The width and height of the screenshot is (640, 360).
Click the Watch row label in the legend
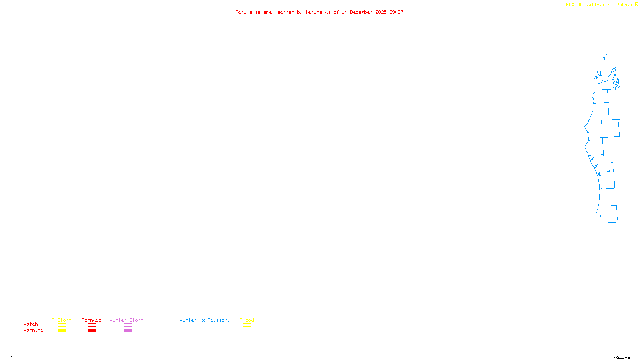31,324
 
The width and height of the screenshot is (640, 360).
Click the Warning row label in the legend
33,330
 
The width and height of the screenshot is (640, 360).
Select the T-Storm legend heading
62,320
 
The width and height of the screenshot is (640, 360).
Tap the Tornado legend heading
92,320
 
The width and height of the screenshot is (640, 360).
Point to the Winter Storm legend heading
126,320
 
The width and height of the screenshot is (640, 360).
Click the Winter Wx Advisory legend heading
205,320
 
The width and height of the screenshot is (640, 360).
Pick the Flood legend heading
247,320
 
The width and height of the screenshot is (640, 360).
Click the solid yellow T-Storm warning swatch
62,331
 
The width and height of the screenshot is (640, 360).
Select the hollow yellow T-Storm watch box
62,325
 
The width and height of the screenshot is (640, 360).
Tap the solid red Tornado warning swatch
92,331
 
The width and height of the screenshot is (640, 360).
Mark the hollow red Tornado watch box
92,325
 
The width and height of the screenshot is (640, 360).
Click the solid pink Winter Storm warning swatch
128,331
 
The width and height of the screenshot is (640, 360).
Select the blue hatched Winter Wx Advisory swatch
204,331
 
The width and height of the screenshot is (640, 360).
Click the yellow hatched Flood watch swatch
247,325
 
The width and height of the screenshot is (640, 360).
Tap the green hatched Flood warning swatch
247,331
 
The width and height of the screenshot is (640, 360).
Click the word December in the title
361,12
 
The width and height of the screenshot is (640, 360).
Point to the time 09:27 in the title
396,12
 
